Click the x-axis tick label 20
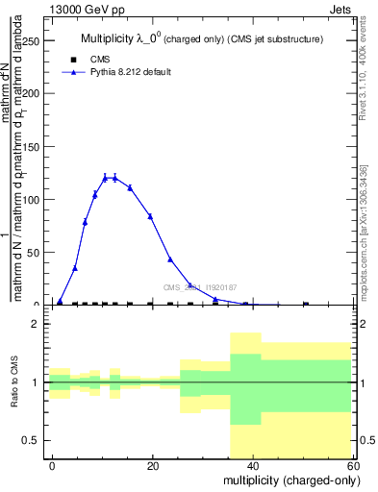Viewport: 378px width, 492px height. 152,465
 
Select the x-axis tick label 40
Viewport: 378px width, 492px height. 252,465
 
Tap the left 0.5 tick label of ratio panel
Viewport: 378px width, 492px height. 31,440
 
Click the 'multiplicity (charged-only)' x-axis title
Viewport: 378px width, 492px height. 286,480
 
